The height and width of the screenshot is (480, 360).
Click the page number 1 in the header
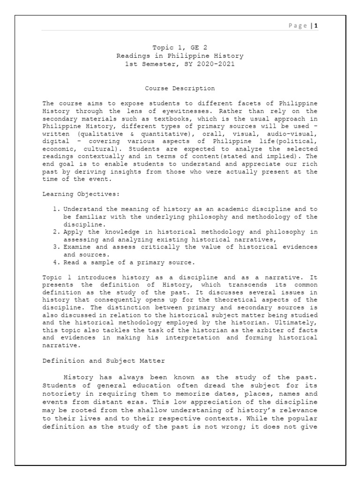[316, 26]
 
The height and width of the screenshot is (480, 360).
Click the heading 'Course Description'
[180, 88]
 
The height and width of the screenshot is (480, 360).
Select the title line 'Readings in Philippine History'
[180, 56]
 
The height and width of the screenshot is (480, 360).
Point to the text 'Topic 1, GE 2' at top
[180, 48]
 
